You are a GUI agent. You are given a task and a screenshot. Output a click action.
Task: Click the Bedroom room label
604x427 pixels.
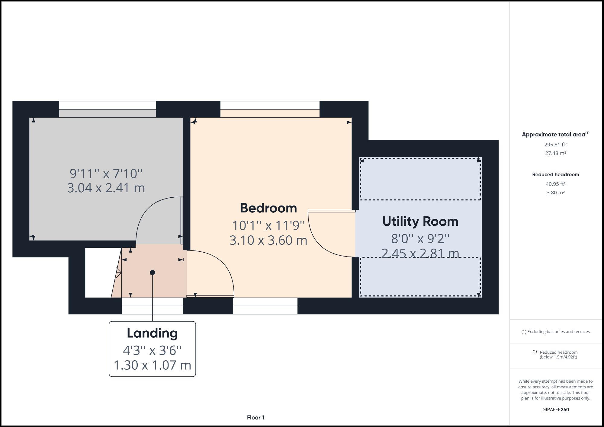268,208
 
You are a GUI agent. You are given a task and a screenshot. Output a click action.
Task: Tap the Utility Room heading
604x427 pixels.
420,221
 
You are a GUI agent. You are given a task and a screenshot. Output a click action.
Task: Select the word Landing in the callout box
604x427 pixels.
152,333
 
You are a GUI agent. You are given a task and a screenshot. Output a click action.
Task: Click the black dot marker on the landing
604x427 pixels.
153,273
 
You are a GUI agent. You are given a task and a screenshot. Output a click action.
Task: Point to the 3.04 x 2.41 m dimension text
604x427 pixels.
106,188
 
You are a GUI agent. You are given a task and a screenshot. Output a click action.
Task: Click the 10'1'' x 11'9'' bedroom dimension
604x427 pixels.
268,225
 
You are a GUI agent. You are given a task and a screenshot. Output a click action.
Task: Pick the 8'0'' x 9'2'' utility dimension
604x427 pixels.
420,239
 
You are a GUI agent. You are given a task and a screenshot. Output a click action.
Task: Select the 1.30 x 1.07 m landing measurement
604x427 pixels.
152,365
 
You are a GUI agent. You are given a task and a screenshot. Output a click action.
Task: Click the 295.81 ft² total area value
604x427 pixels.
555,145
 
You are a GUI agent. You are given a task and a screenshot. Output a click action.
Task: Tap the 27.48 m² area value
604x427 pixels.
555,153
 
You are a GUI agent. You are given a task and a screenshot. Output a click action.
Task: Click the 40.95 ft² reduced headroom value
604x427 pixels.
555,184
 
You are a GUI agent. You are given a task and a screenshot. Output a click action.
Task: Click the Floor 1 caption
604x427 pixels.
255,418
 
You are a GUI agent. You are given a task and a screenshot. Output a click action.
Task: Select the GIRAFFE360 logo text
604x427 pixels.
555,410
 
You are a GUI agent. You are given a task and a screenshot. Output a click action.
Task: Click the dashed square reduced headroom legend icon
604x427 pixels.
535,352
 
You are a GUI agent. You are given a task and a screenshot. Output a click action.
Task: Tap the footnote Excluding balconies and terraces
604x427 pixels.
555,332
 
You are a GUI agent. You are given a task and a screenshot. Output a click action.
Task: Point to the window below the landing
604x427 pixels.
152,306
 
